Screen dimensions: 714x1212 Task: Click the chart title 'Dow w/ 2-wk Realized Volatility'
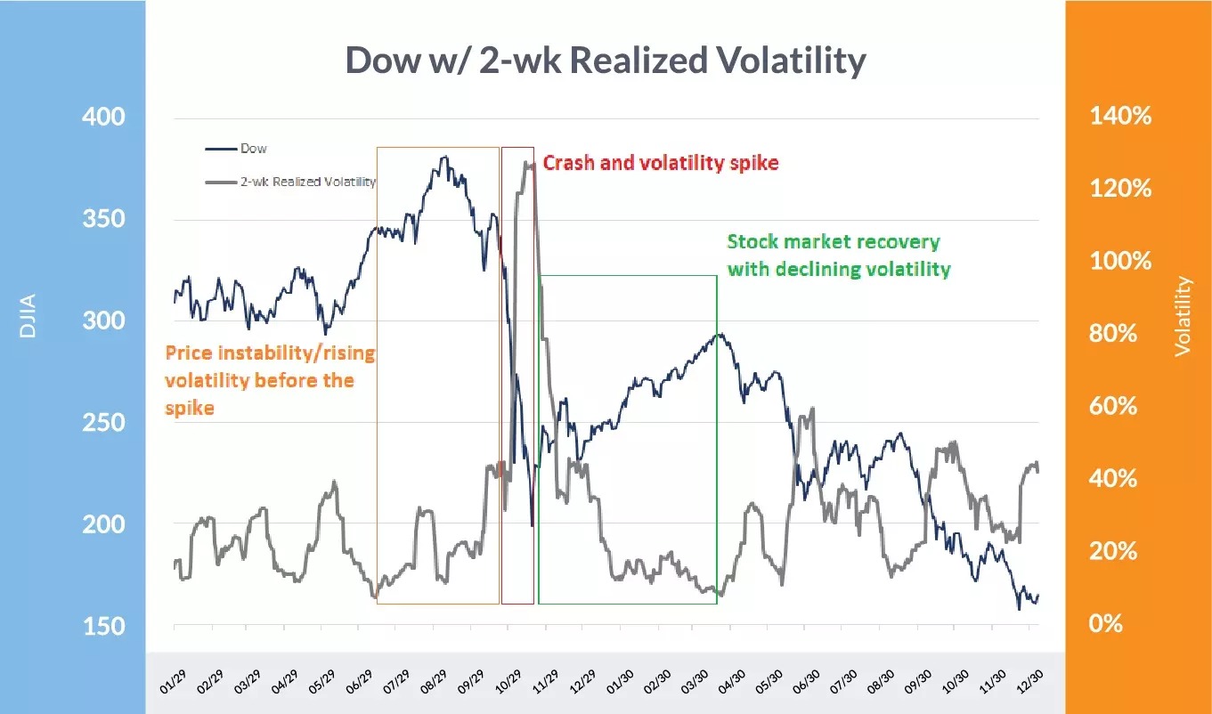click(605, 61)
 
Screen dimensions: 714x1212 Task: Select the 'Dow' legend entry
click(253, 149)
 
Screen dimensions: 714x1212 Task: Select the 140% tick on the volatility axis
click(1120, 117)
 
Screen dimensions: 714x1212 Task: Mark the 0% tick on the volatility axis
click(1108, 623)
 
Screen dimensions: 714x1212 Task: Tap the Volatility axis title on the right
click(1183, 316)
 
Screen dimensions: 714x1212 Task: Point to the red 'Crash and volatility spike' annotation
click(661, 163)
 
